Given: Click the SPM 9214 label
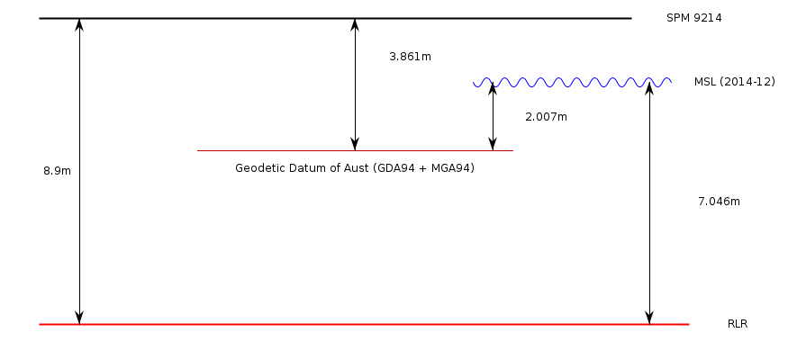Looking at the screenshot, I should coord(693,18).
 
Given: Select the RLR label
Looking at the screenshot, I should coord(738,324).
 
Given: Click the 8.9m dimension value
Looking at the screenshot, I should coord(57,171).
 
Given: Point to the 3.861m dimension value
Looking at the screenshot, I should coord(410,57).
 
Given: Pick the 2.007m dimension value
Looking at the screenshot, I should coord(546,117).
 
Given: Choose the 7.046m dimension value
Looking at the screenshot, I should coord(719,202).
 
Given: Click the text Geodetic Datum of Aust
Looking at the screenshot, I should coord(301,168).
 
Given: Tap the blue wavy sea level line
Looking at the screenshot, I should coord(572,83).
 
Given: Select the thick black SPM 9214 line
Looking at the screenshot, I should coord(225,18).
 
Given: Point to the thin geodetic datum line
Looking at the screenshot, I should coord(270,150).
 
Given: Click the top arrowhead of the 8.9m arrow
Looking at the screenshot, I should coord(79,24).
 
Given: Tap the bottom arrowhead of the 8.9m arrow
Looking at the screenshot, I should coord(79,318).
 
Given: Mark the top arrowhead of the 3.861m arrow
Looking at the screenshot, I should coord(355,24).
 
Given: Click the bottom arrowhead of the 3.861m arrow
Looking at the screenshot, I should coord(355,144).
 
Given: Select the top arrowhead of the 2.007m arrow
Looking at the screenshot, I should coord(493,89).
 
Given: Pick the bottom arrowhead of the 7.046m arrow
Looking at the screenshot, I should coord(649,318).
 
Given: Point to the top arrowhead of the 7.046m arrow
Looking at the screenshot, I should coord(649,89).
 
